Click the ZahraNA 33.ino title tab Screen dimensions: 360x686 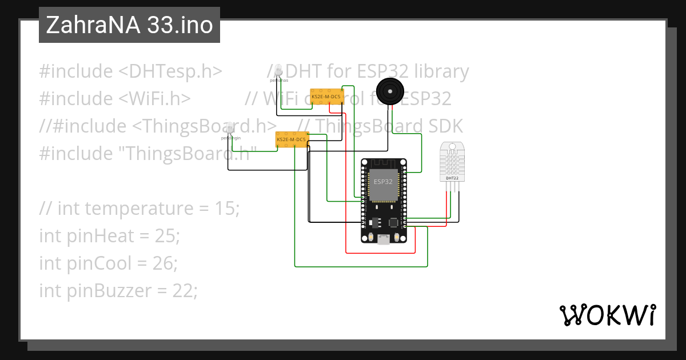129,25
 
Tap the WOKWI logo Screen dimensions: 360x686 607,315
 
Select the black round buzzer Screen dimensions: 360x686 390,91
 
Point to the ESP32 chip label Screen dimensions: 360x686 383,182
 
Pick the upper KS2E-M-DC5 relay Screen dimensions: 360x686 326,97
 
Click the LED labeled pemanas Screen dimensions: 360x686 278,70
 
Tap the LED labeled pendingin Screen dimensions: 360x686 230,129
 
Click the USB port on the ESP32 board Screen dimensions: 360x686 384,239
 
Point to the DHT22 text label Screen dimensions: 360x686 452,178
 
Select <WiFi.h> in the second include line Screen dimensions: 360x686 154,99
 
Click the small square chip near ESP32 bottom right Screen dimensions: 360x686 394,222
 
